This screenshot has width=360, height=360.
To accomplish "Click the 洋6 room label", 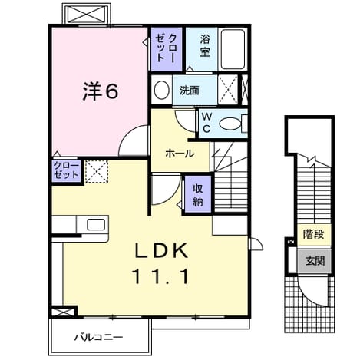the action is tap(101, 91).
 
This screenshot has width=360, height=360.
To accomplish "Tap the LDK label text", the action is tap(162, 250).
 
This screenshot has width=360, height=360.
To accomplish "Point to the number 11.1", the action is tap(160, 276).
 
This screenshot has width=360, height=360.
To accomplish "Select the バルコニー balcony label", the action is tap(98, 337).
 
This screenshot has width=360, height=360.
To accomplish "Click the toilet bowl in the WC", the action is tap(230, 124).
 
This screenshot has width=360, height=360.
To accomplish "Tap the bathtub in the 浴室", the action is tap(233, 49).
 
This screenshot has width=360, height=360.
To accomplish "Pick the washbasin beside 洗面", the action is tap(162, 90).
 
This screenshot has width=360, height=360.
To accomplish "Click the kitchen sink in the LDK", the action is tap(96, 225).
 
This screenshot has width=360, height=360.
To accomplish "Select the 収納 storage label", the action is tap(198, 195).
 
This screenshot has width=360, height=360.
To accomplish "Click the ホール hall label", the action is tap(180, 154).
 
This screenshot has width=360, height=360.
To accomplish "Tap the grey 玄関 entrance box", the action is tap(314, 261).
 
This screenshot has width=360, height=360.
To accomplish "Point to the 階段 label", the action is tap(314, 234).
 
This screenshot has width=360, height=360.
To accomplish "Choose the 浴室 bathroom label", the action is tap(205, 46).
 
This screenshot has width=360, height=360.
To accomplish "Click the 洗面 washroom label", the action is tap(190, 91).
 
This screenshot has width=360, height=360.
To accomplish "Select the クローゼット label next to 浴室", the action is tap(166, 48).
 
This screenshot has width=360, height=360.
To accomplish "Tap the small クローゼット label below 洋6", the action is tap(66, 170).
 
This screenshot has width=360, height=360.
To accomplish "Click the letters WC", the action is tap(206, 123).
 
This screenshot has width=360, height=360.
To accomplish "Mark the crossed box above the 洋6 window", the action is tap(87, 14).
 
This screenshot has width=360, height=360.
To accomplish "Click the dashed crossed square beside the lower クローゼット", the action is tap(97, 171).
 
